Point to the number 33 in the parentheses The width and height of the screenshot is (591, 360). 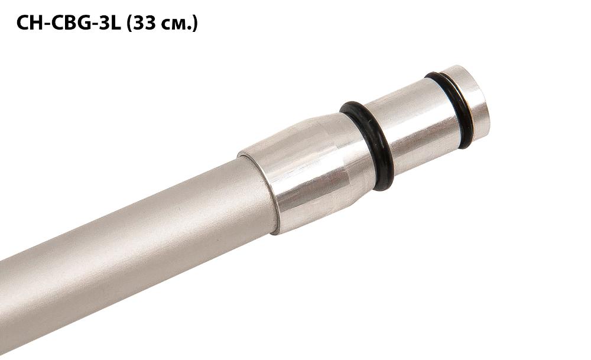point(142,24)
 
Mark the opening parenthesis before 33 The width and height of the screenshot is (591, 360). point(129,24)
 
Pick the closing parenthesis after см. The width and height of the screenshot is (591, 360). point(195,24)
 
